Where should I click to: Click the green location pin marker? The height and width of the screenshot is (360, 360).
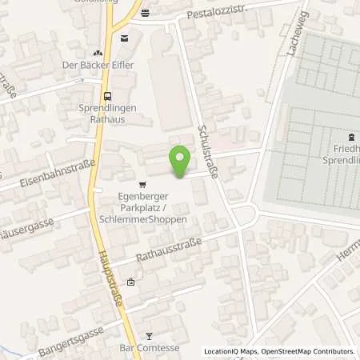click(x=179, y=161)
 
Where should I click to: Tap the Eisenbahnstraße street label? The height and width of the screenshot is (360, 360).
click(x=59, y=176)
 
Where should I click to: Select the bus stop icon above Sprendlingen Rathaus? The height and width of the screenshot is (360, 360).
click(x=108, y=95)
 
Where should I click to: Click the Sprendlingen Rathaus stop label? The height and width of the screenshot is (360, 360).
click(x=108, y=114)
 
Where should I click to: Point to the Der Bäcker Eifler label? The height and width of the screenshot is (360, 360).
click(x=98, y=65)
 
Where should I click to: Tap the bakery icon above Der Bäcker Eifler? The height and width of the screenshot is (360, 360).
click(x=98, y=52)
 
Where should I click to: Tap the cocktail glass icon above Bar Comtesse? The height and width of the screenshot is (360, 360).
click(x=148, y=337)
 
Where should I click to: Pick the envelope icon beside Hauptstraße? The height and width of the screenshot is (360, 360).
click(x=124, y=38)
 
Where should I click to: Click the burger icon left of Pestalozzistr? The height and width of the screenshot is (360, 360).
click(x=144, y=13)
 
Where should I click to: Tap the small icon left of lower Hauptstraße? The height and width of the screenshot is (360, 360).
click(x=130, y=282)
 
